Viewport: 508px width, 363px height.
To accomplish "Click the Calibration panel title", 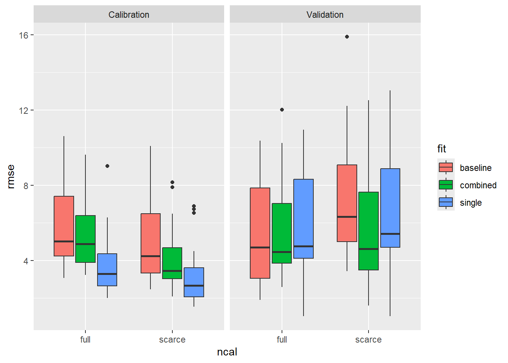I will point(129,15).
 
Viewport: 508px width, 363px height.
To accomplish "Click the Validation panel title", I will point(325,15).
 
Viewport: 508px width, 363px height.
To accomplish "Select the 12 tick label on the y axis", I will point(24,110).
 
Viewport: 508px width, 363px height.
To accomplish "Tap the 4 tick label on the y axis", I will point(26,261).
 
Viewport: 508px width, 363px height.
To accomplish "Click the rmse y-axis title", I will point(11,176).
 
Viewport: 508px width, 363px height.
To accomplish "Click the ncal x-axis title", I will point(227,352).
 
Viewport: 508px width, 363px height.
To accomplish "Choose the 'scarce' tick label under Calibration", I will point(172,340).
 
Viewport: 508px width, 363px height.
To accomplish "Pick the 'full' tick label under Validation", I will point(282,340).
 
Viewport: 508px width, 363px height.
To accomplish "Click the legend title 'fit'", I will point(441,149).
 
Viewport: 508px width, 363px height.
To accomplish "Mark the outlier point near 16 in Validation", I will point(347,37).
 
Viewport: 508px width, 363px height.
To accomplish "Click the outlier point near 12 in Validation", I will point(282,110).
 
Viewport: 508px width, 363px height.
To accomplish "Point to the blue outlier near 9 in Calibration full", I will point(107,166).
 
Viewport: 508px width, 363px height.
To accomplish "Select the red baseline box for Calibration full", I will point(64,226).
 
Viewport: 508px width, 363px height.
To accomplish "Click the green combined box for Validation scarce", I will point(369,231).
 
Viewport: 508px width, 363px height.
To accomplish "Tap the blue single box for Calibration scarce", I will point(194,282).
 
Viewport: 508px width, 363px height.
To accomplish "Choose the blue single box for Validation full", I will point(304,219).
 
